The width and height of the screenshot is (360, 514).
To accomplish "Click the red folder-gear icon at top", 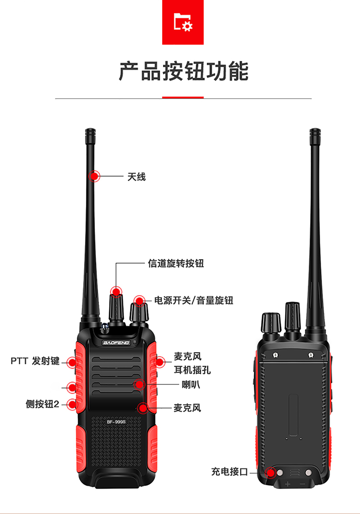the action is click(x=183, y=22).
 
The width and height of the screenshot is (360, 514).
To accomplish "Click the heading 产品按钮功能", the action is click(x=183, y=71).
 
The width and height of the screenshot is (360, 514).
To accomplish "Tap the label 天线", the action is click(x=136, y=177).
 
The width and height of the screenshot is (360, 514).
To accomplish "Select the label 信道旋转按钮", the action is click(x=176, y=263).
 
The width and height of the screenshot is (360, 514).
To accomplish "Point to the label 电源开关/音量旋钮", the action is click(x=193, y=300).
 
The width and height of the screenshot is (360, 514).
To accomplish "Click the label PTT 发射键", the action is click(x=35, y=361).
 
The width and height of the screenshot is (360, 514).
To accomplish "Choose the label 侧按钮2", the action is click(x=42, y=404).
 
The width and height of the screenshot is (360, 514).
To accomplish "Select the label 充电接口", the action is click(x=229, y=472).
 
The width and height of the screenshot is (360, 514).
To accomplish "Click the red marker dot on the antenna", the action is click(x=95, y=176).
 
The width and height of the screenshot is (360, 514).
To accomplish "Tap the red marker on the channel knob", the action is click(x=116, y=291).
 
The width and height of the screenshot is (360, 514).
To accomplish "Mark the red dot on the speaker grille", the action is click(x=140, y=384).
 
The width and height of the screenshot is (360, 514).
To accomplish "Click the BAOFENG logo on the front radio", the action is click(x=116, y=343).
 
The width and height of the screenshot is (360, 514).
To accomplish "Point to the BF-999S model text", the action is click(x=116, y=422).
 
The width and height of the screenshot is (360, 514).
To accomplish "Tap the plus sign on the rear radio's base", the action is click(x=288, y=484).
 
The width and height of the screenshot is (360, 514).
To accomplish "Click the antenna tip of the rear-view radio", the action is click(x=314, y=131).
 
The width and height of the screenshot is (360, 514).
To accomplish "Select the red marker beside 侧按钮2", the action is click(x=72, y=404).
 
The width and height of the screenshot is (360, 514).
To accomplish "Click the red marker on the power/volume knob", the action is click(x=140, y=301).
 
